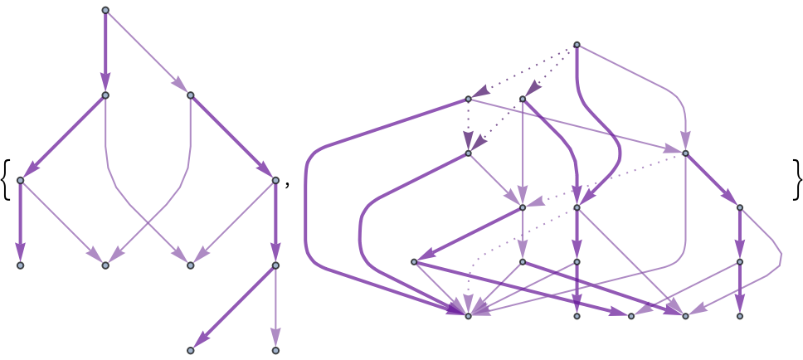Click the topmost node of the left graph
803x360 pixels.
point(105,10)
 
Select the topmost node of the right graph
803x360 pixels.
point(577,45)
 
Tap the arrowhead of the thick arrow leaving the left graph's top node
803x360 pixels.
point(105,82)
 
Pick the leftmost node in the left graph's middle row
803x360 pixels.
point(21,180)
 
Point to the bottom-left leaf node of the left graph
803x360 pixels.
point(21,265)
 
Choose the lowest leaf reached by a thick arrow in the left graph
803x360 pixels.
point(191,350)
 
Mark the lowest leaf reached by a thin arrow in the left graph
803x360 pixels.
point(275,350)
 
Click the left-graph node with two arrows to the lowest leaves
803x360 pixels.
point(275,265)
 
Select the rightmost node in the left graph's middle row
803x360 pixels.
point(275,180)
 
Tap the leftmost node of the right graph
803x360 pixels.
point(414,262)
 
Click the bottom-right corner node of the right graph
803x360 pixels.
point(740,316)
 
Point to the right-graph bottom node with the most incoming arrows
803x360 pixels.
point(468,316)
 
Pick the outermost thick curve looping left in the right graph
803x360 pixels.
point(307,207)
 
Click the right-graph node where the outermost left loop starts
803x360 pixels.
point(468,99)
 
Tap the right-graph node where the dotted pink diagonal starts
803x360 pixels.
point(685,153)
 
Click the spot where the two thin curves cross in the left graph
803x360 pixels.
point(148,222)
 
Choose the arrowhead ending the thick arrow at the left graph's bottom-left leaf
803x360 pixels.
point(21,251)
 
